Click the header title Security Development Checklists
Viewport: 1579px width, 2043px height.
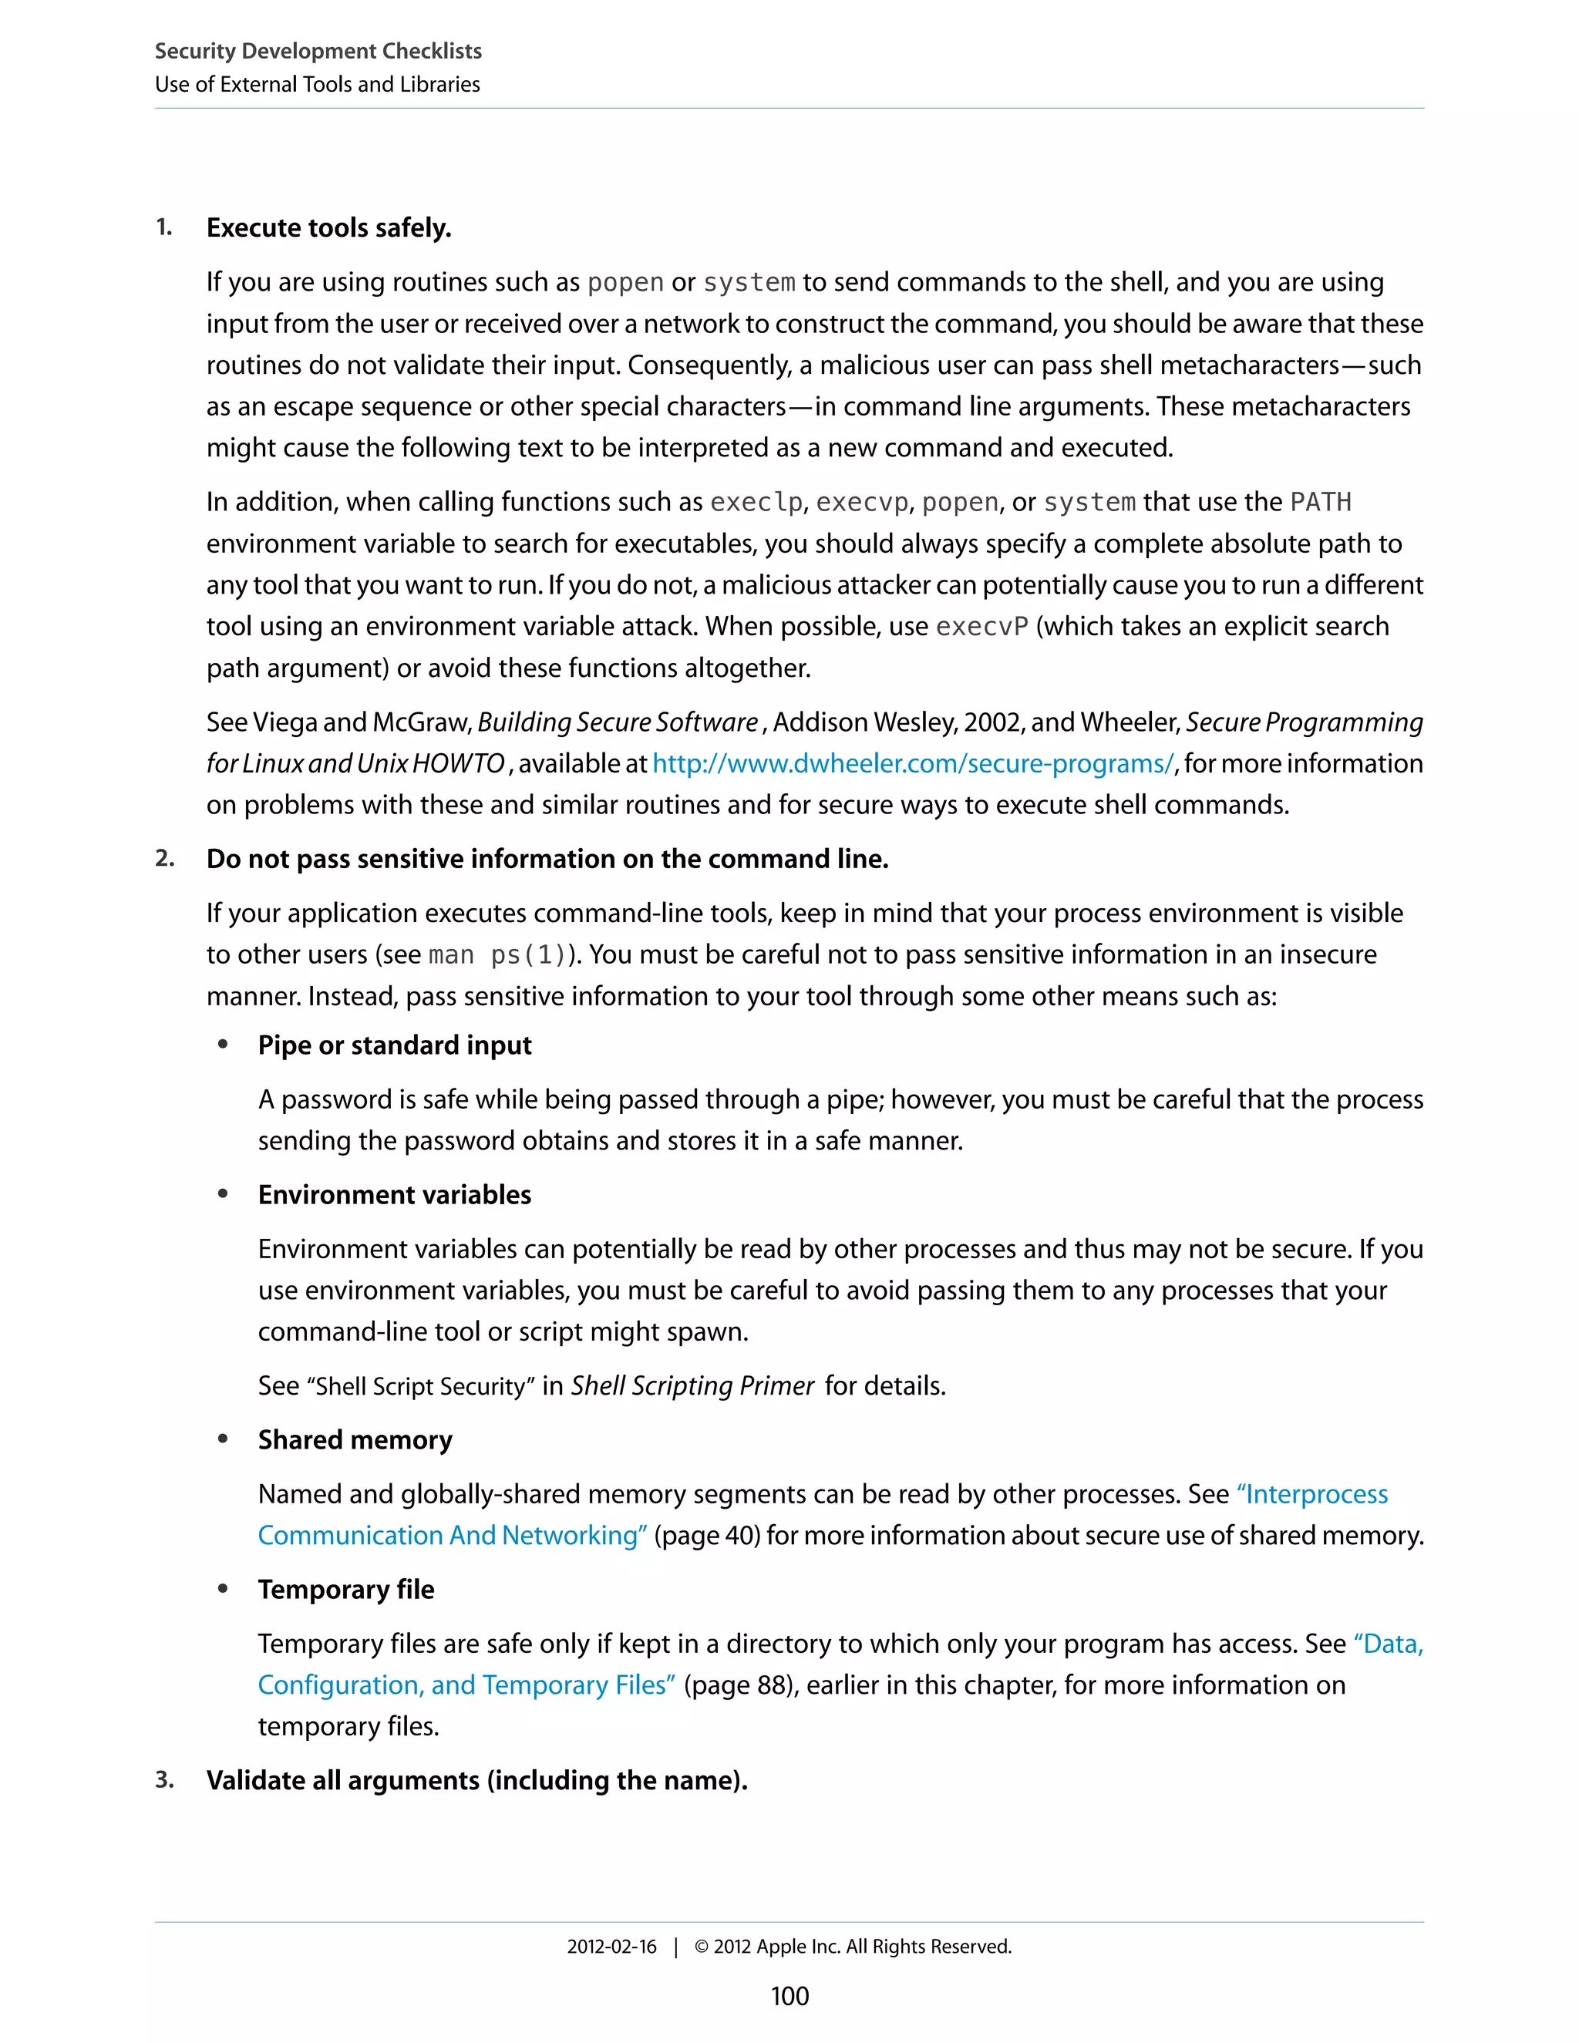click(x=318, y=51)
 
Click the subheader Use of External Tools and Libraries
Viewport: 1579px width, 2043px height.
click(x=317, y=84)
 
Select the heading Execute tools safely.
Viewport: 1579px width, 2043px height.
click(x=328, y=228)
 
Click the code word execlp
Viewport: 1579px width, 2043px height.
click(x=756, y=503)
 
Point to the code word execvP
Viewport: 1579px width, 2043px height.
click(x=981, y=627)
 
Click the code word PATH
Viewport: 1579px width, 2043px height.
click(x=1320, y=503)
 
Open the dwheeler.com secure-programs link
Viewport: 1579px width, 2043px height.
click(x=912, y=764)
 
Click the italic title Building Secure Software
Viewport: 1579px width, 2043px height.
click(x=618, y=722)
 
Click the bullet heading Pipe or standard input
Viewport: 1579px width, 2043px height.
click(x=394, y=1045)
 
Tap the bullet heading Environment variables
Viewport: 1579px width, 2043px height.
click(x=394, y=1194)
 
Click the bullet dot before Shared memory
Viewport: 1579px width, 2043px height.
click(x=223, y=1439)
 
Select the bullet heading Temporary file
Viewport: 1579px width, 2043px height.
click(x=346, y=1590)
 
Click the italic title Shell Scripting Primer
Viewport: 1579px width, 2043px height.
click(x=692, y=1385)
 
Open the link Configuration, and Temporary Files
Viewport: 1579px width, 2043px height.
click(x=466, y=1685)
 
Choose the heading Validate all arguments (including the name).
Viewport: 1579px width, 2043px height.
click(x=476, y=1780)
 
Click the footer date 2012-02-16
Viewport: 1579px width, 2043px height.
click(x=611, y=1947)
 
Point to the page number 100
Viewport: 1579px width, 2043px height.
click(x=789, y=1996)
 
